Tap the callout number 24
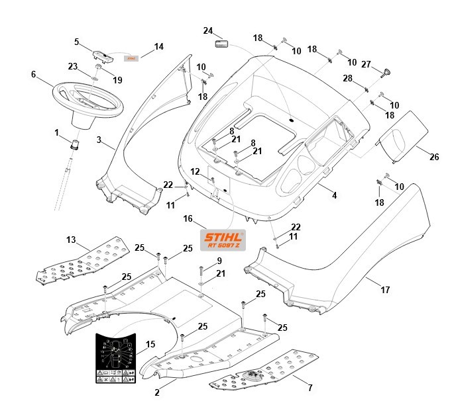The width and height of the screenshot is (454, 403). (x=207, y=30)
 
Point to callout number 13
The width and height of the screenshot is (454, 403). (x=71, y=239)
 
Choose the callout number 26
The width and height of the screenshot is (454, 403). (x=434, y=157)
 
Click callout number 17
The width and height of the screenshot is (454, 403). (x=386, y=290)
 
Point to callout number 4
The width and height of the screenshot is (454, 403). (x=333, y=195)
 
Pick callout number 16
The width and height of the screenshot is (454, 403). (x=188, y=218)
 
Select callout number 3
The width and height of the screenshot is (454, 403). (x=99, y=140)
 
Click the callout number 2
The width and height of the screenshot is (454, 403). (x=156, y=392)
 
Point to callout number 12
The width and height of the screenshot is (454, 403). (x=195, y=172)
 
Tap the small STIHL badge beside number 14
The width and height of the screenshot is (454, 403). (x=131, y=58)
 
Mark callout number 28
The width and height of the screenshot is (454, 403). (x=347, y=79)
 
